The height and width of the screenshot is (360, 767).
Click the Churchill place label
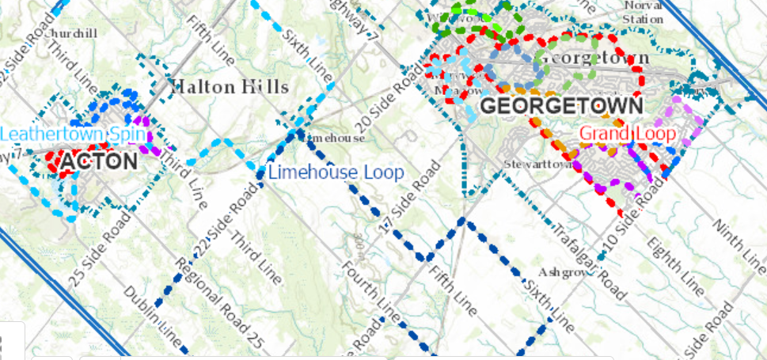pyautogui.click(x=72, y=33)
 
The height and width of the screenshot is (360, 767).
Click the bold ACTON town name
pyautogui.click(x=99, y=162)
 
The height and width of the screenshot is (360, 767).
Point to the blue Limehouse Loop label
pyautogui.click(x=336, y=172)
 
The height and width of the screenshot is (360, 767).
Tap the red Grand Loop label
pyautogui.click(x=627, y=133)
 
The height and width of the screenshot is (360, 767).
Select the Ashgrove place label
pyautogui.click(x=566, y=271)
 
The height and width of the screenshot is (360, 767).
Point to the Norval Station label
pyautogui.click(x=642, y=12)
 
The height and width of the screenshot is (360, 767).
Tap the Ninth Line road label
pyautogui.click(x=735, y=237)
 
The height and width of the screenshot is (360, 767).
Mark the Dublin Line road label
pyautogui.click(x=154, y=316)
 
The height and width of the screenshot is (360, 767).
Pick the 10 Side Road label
pyautogui.click(x=644, y=207)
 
